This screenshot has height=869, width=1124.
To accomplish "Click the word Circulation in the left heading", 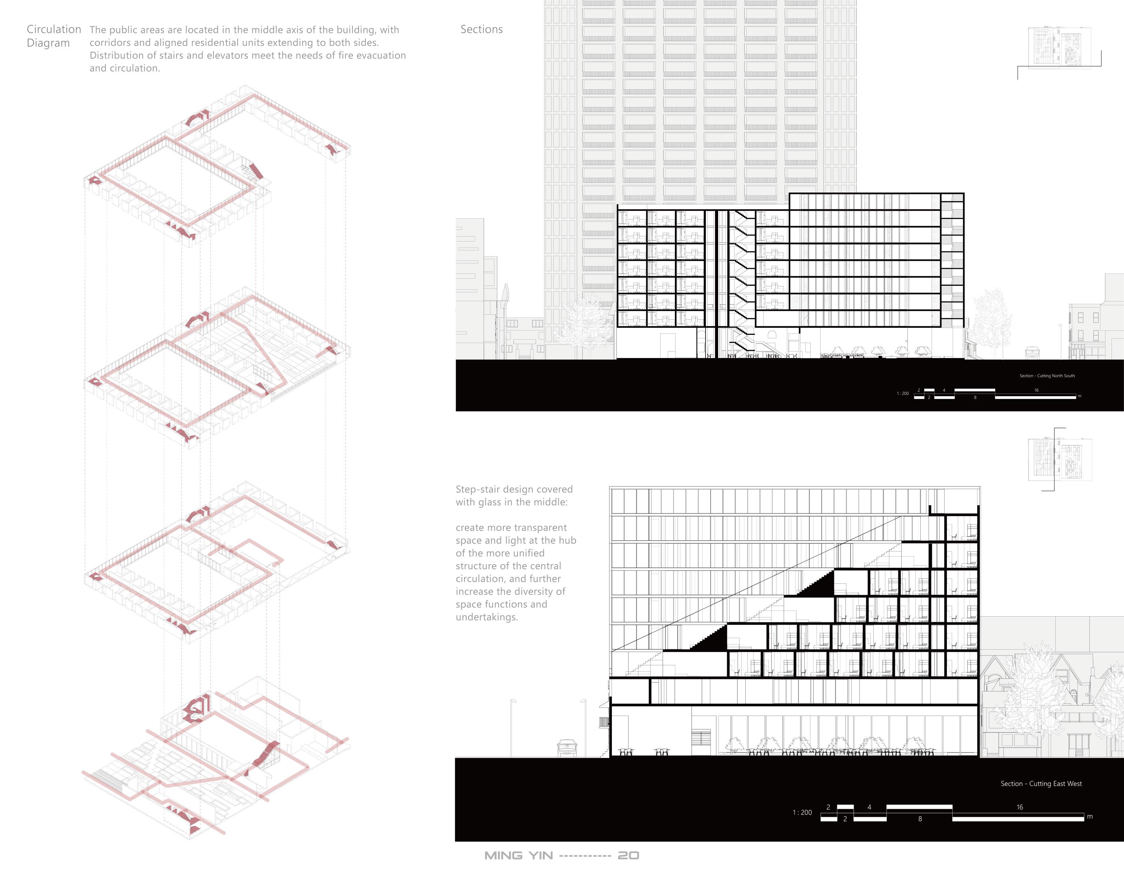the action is [53, 29].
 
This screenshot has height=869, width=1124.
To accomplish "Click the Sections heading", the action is [481, 29].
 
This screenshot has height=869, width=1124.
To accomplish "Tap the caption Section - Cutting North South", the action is [1047, 376].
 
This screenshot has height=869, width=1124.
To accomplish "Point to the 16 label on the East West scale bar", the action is [1019, 807].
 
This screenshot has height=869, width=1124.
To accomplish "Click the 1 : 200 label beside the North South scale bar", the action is [903, 393].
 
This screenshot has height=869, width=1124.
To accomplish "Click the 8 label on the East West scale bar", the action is [920, 819].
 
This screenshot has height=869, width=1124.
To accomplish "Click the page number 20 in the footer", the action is [628, 856].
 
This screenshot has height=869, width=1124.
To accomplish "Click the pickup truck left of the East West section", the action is [567, 747].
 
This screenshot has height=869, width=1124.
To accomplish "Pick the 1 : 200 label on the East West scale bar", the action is [802, 812].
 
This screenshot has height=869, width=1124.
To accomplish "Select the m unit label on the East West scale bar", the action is [1090, 817].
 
